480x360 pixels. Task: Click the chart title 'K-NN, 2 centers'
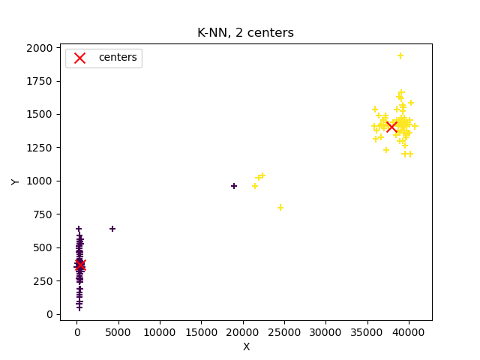pyautogui.click(x=245, y=33)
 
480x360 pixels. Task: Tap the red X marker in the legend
pyautogui.click(x=80, y=58)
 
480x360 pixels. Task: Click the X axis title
pyautogui.click(x=246, y=346)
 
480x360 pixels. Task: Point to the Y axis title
pyautogui.click(x=15, y=181)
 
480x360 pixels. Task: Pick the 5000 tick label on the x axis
pyautogui.click(x=118, y=331)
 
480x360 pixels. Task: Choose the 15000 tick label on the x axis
pyautogui.click(x=201, y=331)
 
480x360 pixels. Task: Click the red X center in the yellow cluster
pyautogui.click(x=391, y=127)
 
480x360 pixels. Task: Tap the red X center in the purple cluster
pyautogui.click(x=79, y=265)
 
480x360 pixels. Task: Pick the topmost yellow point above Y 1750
pyautogui.click(x=400, y=55)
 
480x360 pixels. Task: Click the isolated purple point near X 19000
pyautogui.click(x=234, y=186)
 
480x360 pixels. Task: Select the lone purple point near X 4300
pyautogui.click(x=112, y=229)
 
